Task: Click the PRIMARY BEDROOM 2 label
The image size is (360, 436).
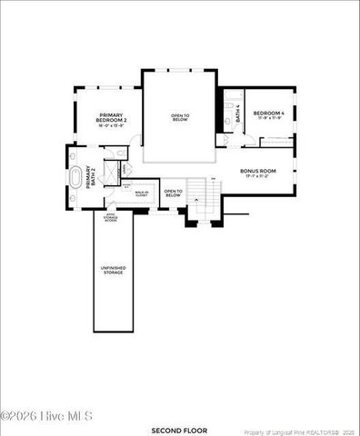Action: pyautogui.click(x=111, y=117)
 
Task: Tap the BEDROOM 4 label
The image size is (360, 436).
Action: pyautogui.click(x=269, y=113)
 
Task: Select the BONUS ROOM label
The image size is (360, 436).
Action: pyautogui.click(x=258, y=170)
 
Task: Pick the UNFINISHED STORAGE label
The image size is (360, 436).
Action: pyautogui.click(x=113, y=270)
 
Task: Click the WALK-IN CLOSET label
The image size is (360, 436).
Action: pyautogui.click(x=142, y=193)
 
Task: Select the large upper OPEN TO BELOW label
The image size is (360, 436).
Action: pyautogui.click(x=180, y=117)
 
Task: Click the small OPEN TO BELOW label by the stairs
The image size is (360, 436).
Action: pyautogui.click(x=173, y=193)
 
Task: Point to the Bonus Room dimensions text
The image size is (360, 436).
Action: pyautogui.click(x=258, y=176)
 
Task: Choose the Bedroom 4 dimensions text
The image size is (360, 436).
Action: pyautogui.click(x=270, y=118)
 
